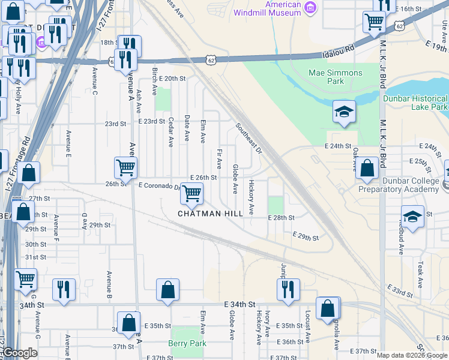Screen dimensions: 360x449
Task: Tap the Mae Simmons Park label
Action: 335,77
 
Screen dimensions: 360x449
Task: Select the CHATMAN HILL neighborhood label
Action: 210,213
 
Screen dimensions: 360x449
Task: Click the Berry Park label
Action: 187,343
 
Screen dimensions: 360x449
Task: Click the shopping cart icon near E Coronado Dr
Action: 191,193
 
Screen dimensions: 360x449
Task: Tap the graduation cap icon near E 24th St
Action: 344,112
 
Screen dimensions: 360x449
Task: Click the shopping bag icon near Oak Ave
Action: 367,168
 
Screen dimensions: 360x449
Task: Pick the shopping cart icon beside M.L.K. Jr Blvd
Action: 375,22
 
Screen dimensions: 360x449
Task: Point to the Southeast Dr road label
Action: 249,138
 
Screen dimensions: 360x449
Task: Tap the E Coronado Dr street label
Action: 158,186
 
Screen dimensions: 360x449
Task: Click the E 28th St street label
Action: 281,217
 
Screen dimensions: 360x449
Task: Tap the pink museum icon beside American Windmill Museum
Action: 310,7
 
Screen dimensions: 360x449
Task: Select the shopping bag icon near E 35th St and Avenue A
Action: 128,322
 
